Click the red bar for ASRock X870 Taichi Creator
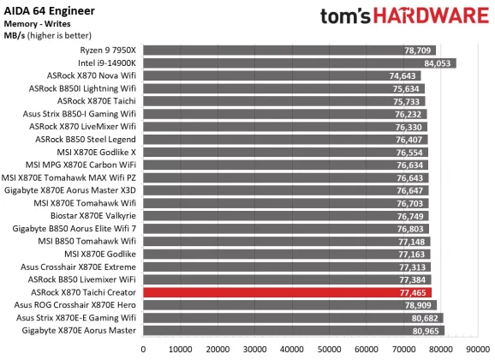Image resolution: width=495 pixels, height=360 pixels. pos(287,292)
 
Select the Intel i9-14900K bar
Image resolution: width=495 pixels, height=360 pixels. pos(299,63)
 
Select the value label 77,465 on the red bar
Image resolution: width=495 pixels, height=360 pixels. pos(414,292)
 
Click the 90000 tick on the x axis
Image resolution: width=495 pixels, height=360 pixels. pos(477,350)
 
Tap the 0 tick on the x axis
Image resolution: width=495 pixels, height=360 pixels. pos(143,350)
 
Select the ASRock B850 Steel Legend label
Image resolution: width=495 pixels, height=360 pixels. pos(84,140)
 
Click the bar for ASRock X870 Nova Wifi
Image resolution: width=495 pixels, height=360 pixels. pos(282,75)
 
